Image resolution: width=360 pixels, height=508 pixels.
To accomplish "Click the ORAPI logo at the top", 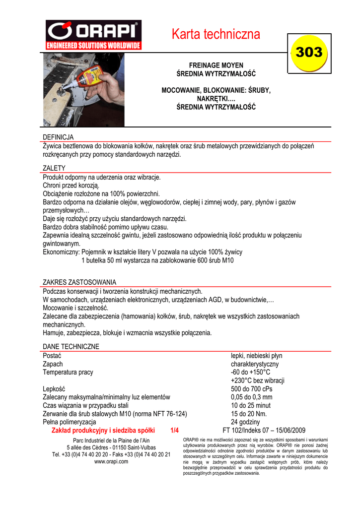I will tap(93, 35).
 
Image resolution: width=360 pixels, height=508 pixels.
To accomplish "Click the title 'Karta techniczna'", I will tap(216, 34).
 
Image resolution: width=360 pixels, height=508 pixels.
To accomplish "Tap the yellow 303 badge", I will tap(309, 53).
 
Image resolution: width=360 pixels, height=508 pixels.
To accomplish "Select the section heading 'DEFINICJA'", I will tap(58, 137).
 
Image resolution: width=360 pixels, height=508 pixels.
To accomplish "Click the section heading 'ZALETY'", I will tap(54, 169).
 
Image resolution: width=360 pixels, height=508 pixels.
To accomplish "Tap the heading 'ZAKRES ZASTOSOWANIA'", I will tap(79, 282).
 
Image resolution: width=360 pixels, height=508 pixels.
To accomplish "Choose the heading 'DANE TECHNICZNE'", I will tap(71, 346).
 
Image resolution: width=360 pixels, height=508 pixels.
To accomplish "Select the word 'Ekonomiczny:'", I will tap(62, 252).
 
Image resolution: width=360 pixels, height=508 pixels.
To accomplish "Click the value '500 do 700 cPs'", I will tap(252, 389).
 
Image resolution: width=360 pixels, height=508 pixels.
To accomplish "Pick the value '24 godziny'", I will tap(245, 422).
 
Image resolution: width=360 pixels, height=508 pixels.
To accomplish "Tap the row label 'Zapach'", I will tap(54, 364).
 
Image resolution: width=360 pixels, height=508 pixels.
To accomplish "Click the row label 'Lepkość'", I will tap(54, 389).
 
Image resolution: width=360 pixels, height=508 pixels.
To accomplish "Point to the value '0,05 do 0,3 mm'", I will tap(252, 397).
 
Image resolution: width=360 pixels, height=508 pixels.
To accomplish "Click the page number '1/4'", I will tap(174, 431).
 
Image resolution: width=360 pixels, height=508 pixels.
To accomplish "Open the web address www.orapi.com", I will tap(111, 461).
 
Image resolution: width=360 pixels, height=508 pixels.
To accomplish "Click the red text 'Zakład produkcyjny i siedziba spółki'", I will tap(103, 431).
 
